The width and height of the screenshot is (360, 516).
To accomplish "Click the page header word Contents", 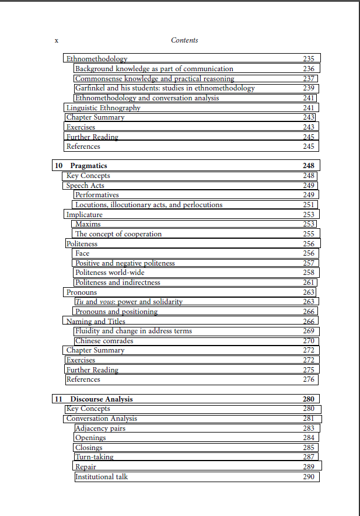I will (x=184, y=40).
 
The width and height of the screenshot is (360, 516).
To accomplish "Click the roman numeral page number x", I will (x=56, y=40).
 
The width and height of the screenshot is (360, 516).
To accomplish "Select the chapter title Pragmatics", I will (x=89, y=166).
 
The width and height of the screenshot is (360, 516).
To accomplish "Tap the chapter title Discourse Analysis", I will (x=102, y=399).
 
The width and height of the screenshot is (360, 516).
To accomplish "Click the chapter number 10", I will (x=58, y=166).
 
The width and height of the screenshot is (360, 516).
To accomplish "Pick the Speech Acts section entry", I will (x=85, y=186).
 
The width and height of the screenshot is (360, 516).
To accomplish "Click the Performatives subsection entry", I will (x=97, y=195).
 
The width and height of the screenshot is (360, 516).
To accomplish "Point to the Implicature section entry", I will (x=84, y=215).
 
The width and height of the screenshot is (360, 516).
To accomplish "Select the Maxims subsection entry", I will (x=88, y=224).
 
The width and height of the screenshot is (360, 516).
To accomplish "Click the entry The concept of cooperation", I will (x=118, y=234).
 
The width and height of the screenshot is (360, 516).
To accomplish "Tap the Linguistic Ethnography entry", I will (x=103, y=108).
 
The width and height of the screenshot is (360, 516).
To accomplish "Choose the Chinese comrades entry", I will (x=104, y=341).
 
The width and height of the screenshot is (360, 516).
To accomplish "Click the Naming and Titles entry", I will (x=96, y=322).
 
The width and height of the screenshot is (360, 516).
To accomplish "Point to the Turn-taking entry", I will (x=95, y=458).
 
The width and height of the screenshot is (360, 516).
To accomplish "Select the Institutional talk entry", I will (x=102, y=477).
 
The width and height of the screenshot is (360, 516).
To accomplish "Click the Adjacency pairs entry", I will (x=100, y=428).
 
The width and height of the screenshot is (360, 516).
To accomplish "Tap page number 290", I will (x=309, y=477).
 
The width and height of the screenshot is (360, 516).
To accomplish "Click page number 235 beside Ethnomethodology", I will (x=309, y=59).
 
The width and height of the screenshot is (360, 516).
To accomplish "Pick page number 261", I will (x=309, y=283).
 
